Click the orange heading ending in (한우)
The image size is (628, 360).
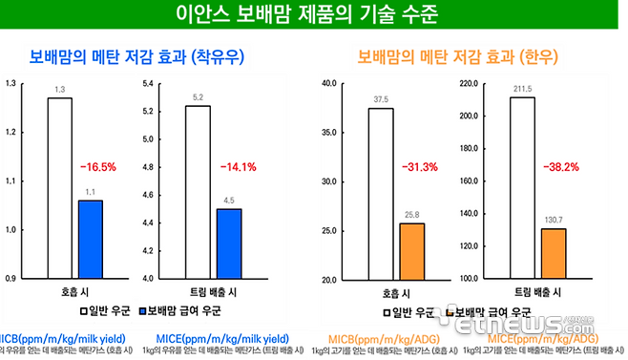450,57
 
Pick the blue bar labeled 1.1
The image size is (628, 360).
90,239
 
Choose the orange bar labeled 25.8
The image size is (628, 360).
411,251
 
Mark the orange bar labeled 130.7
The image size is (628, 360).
553,254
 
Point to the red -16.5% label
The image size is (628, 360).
97,166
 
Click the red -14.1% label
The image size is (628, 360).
239,166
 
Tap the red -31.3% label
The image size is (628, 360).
421,166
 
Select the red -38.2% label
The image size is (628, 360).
561,166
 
